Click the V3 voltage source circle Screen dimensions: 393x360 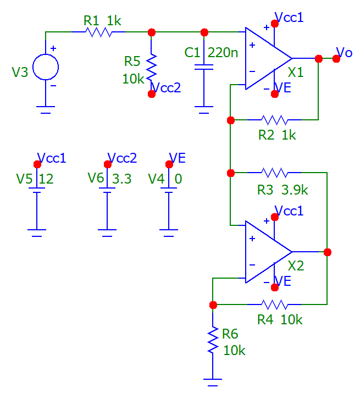pyautogui.click(x=46, y=68)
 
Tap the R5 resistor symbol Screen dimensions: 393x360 pyautogui.click(x=152, y=67)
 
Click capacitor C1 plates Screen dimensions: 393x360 pyautogui.click(x=204, y=68)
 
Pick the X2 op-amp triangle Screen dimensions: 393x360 pyautogui.click(x=267, y=252)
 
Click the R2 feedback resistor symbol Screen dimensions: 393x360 pyautogui.click(x=275, y=119)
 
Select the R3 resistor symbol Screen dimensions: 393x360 pyautogui.click(x=275, y=173)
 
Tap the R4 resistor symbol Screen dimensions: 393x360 pyautogui.click(x=275, y=304)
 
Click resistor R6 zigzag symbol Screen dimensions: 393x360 pyautogui.click(x=213, y=340)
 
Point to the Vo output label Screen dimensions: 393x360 pyautogui.click(x=344, y=52)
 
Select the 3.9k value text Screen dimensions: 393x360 pyautogui.click(x=295, y=190)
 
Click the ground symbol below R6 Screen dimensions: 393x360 pyautogui.click(x=213, y=379)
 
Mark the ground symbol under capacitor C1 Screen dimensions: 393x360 pyautogui.click(x=204, y=110)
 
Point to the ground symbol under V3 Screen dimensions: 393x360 pyautogui.click(x=46, y=110)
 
